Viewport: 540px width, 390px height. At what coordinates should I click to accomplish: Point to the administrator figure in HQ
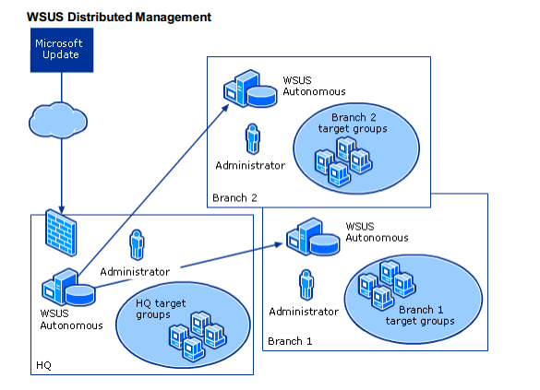point(137,246)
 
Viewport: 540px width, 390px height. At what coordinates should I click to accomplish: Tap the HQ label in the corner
point(43,365)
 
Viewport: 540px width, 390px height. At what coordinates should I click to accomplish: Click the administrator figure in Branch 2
point(250,139)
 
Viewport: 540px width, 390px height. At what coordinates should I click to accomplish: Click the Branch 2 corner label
point(234,197)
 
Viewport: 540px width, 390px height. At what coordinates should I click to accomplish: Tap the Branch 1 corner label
point(290,342)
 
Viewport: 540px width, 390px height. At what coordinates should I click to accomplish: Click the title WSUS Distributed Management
point(119,18)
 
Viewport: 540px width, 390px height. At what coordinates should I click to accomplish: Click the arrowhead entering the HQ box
point(61,207)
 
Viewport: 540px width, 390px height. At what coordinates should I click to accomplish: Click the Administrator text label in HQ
point(135,271)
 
